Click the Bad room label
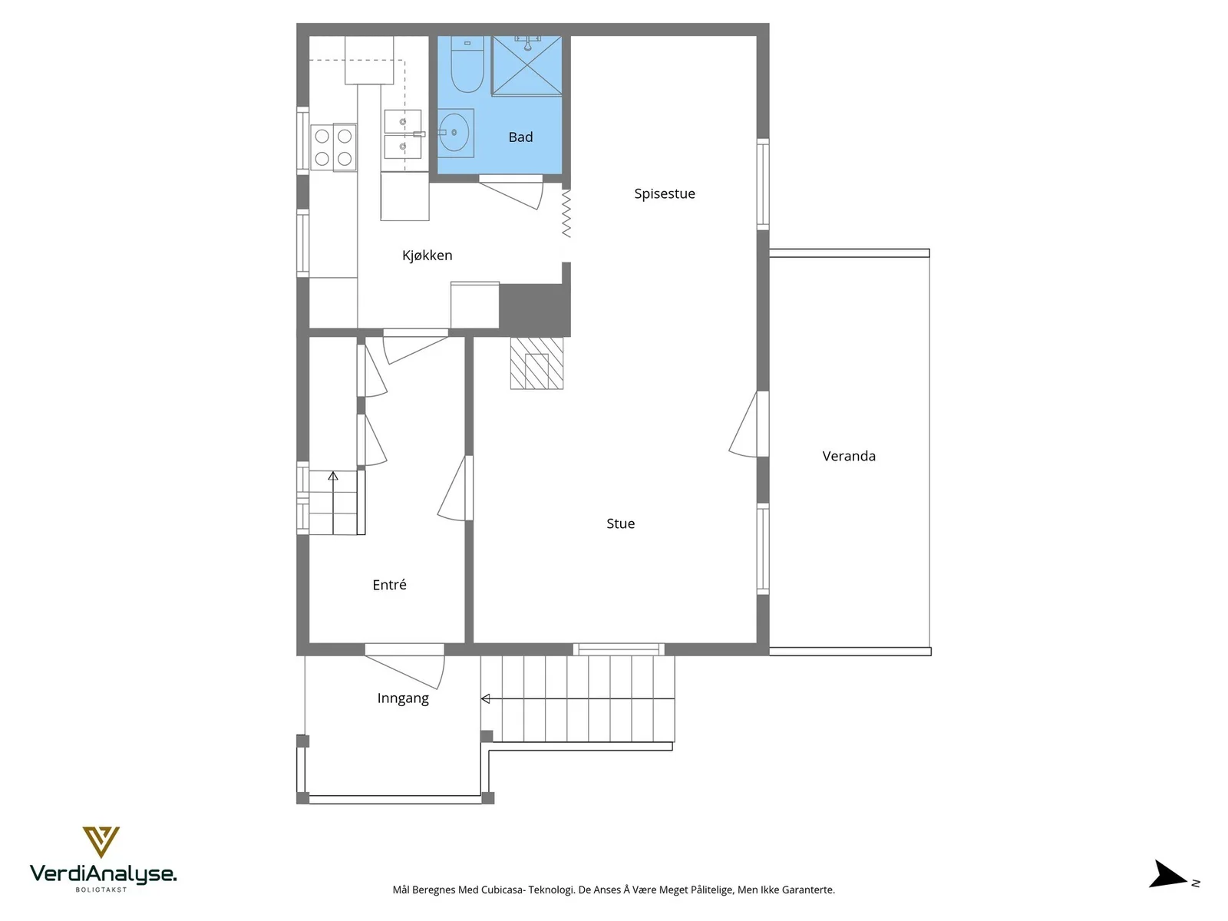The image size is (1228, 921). coord(520,137)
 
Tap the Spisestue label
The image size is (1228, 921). coord(664,193)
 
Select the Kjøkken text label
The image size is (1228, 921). coord(427,255)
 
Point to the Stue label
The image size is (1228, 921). coord(620,523)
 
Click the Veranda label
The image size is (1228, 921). coord(849,456)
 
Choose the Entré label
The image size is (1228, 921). coord(389,584)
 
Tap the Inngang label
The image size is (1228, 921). coord(403,698)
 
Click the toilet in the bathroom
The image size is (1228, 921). coord(467,64)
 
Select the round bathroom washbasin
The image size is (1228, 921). coord(455,133)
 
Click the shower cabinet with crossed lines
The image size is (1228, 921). coord(527,65)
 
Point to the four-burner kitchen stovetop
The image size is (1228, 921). coord(333,147)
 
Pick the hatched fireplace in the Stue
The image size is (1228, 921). coord(536,363)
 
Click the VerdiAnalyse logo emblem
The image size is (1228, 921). coord(101,842)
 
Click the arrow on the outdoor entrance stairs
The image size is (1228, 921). coord(577,698)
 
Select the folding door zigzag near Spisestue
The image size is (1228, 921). coord(566,213)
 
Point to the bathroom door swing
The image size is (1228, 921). coord(511,192)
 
